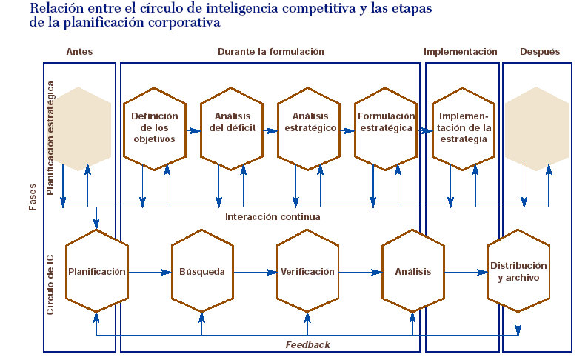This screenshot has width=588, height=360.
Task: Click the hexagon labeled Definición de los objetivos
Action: pyautogui.click(x=154, y=127)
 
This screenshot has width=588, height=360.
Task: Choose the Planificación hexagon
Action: pyautogui.click(x=96, y=272)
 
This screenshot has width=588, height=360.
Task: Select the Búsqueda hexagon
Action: pyautogui.click(x=202, y=272)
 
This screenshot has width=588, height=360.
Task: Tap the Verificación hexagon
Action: pyautogui.click(x=307, y=272)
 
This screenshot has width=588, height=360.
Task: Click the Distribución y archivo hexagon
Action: pyautogui.click(x=518, y=272)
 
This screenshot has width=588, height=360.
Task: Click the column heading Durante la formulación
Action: pyautogui.click(x=270, y=52)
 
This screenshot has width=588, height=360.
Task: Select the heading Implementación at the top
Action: pyautogui.click(x=460, y=52)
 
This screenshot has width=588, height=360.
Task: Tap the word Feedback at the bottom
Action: pyautogui.click(x=308, y=345)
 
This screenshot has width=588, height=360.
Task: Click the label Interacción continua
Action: pyautogui.click(x=273, y=217)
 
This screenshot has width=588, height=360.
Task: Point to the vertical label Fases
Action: pyautogui.click(x=33, y=197)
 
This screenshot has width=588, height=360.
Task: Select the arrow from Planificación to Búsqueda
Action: pyautogui.click(x=149, y=272)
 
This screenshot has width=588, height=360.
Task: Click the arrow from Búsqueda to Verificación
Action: pyautogui.click(x=255, y=272)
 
